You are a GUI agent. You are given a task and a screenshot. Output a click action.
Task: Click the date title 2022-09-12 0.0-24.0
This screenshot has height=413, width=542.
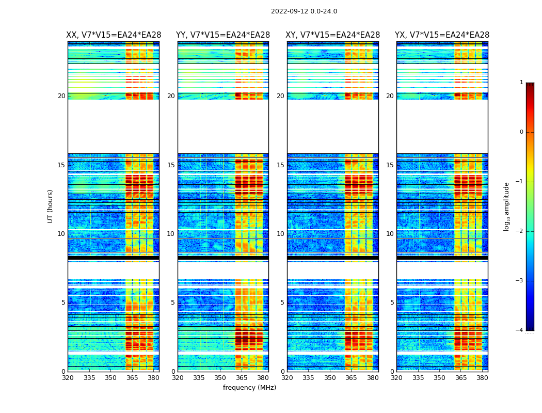304,11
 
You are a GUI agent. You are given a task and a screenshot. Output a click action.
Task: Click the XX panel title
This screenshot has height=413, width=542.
114,35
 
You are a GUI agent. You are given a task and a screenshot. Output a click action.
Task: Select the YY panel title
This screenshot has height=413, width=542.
223,35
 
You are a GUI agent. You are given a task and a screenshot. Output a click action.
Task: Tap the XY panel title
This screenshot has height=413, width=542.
333,35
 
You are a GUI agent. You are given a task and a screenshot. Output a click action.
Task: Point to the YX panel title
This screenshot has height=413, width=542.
442,35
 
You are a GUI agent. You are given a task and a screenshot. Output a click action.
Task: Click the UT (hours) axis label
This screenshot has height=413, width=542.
51,206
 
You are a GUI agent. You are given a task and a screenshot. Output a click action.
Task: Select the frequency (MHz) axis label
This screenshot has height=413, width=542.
249,388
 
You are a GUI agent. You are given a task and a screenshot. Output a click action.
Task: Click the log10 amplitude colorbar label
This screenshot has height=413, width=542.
507,206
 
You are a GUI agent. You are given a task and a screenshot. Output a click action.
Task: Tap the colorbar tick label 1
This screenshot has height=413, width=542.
521,83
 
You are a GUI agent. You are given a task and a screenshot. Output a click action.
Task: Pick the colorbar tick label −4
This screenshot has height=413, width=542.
520,330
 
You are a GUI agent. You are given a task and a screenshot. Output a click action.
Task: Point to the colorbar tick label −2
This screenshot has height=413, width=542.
520,231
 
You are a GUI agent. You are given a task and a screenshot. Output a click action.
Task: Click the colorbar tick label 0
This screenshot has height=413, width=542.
521,132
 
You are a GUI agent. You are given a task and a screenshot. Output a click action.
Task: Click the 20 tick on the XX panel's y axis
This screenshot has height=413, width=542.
61,96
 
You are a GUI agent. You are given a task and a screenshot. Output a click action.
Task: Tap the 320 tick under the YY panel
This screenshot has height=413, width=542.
178,378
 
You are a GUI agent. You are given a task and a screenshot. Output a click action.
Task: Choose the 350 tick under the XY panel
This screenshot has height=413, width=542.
330,378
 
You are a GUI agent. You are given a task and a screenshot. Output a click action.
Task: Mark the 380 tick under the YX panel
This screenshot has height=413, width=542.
482,378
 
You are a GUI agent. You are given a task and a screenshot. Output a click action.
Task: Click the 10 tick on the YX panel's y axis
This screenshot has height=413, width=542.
390,234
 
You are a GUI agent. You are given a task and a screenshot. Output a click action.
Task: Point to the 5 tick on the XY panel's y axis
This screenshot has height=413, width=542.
282,303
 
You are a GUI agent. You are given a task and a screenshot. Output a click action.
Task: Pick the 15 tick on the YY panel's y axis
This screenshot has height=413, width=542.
171,165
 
